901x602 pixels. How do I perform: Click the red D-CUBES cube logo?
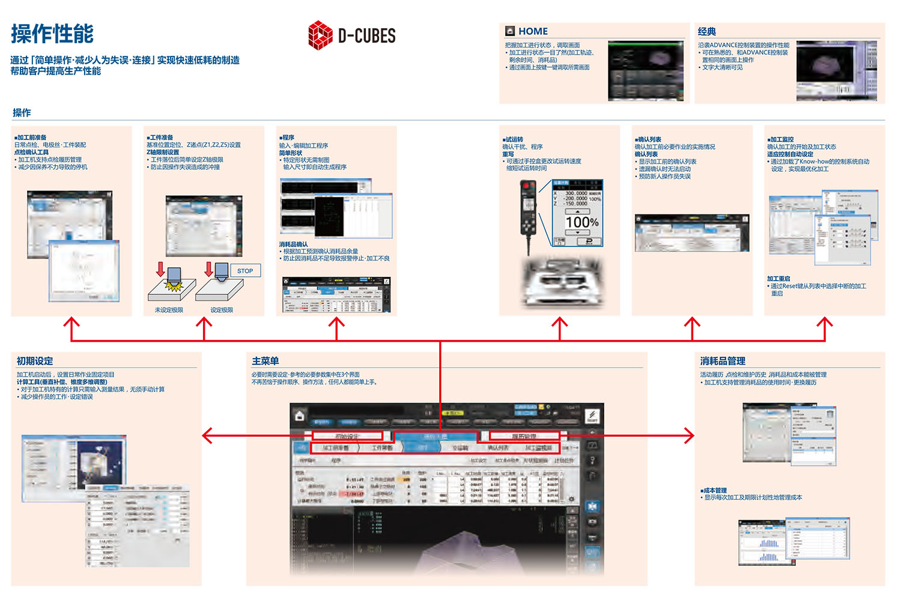pyautogui.click(x=320, y=35)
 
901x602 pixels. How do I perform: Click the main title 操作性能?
pyautogui.click(x=52, y=34)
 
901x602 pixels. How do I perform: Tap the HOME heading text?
pyautogui.click(x=533, y=31)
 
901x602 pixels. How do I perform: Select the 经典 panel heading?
pyautogui.click(x=707, y=31)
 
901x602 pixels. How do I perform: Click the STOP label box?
pyautogui.click(x=245, y=271)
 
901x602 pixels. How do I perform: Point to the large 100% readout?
pyautogui.click(x=581, y=222)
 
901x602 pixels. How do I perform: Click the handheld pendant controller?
pyautogui.click(x=528, y=207)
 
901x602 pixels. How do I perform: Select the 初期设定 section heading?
pyautogui.click(x=35, y=361)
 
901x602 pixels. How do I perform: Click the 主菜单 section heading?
pyautogui.click(x=265, y=361)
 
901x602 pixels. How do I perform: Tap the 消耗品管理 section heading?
pyautogui.click(x=723, y=361)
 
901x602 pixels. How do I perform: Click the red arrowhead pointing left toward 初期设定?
pyautogui.click(x=207, y=436)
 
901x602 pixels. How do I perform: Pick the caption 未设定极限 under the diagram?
pyautogui.click(x=169, y=310)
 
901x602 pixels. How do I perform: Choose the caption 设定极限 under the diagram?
pyautogui.click(x=222, y=310)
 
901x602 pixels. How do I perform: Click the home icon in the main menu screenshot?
pyautogui.click(x=300, y=416)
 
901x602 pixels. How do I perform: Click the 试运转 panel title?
pyautogui.click(x=513, y=139)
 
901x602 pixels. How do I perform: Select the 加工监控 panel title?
pyautogui.click(x=780, y=139)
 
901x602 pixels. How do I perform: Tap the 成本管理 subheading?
pyautogui.click(x=714, y=490)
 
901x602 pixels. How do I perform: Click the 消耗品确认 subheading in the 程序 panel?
pyautogui.click(x=293, y=244)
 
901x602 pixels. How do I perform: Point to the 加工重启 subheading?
pyautogui.click(x=778, y=279)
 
